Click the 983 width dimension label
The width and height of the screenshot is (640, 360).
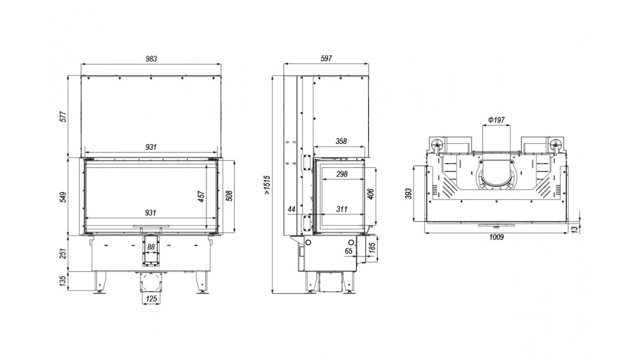click(x=151, y=59)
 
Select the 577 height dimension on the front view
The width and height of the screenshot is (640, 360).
click(x=63, y=117)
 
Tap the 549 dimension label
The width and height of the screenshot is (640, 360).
click(x=63, y=197)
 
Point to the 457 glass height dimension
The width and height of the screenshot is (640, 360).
click(x=202, y=197)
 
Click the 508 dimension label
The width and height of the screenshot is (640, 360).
click(x=229, y=196)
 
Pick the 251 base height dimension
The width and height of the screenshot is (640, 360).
click(x=63, y=253)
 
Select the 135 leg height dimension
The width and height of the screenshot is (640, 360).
click(x=63, y=281)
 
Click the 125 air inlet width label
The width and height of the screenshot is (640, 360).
click(x=151, y=299)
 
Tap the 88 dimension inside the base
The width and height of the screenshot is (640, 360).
click(x=151, y=247)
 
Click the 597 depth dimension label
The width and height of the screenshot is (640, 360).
click(x=326, y=59)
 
